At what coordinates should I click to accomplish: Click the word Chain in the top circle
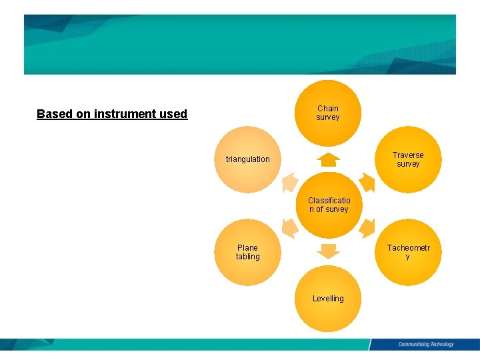[328, 108]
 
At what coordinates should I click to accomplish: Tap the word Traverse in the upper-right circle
[408, 155]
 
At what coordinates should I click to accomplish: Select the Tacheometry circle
[408, 252]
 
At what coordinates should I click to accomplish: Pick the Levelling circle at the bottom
[328, 299]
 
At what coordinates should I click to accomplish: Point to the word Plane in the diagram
[247, 247]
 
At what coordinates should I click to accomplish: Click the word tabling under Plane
[247, 257]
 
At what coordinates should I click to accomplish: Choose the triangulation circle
[248, 159]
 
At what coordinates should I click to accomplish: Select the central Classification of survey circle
[328, 205]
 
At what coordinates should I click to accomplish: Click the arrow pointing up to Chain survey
[328, 159]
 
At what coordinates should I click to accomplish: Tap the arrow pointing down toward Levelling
[328, 251]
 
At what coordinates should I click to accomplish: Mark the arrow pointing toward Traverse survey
[366, 181]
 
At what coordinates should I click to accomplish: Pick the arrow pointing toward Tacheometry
[366, 229]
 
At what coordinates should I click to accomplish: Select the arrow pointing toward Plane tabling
[289, 229]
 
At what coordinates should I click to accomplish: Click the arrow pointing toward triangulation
[289, 181]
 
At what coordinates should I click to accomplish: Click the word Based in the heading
[55, 114]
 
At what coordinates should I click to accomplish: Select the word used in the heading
[174, 114]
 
